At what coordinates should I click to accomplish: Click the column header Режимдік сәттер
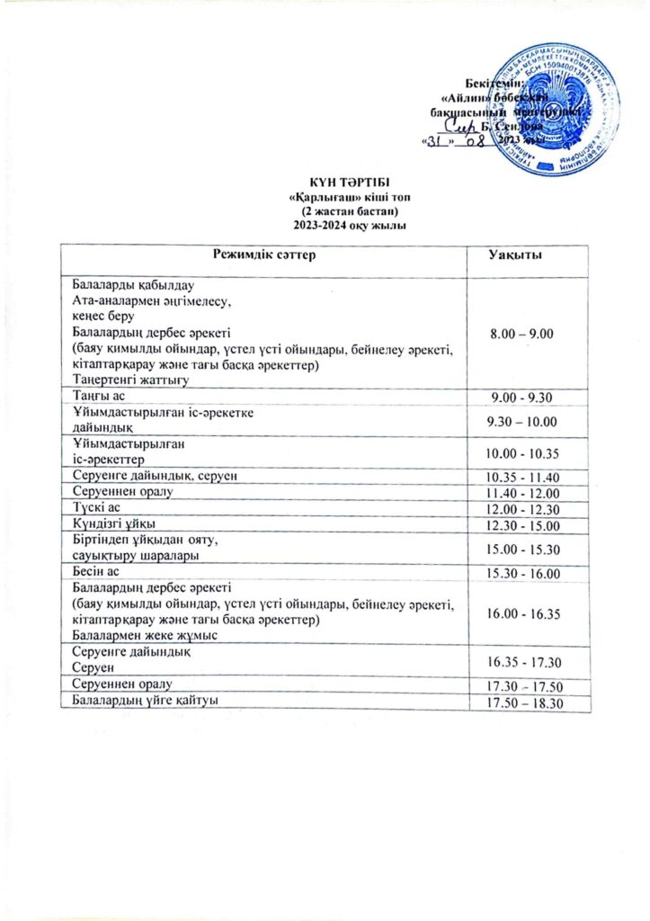click(264, 257)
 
